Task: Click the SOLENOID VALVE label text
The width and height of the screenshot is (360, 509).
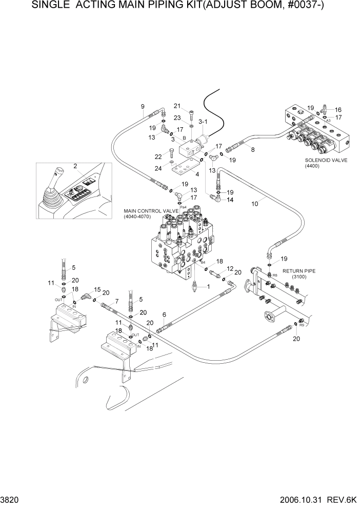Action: pos(326,160)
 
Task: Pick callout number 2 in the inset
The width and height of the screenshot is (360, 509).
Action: pos(75,166)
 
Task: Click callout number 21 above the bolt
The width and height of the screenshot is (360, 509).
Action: pos(177,106)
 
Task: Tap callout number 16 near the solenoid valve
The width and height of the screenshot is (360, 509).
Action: pos(338,109)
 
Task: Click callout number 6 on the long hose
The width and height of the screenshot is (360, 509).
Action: pos(164,314)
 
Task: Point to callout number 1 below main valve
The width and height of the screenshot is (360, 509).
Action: pos(208,287)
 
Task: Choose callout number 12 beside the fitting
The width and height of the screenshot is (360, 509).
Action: pos(230,268)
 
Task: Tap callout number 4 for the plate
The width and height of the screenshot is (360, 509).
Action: pos(183,174)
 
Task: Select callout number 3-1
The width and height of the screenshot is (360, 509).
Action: pos(203,122)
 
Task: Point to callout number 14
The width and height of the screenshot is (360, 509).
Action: pos(230,200)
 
